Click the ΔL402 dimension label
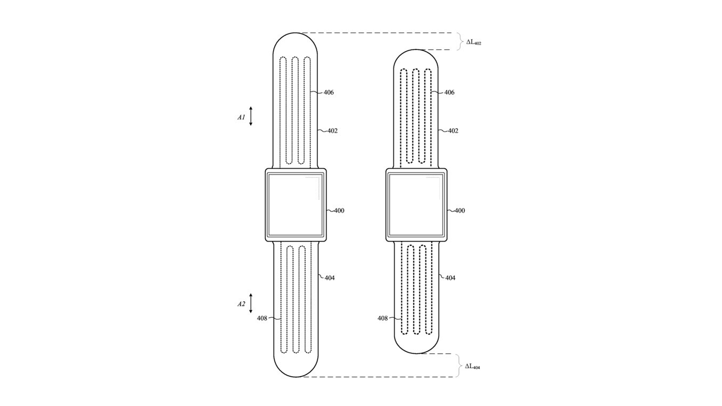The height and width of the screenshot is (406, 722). [473, 42]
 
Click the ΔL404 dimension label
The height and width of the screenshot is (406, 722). [472, 367]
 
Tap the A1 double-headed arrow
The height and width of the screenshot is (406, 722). [251, 116]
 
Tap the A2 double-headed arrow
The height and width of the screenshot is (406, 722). [251, 303]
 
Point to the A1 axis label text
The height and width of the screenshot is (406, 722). [241, 117]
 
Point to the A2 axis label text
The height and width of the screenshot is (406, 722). [241, 304]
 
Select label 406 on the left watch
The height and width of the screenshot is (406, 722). [329, 93]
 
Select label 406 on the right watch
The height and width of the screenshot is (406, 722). [449, 93]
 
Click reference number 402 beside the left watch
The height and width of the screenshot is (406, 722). [332, 131]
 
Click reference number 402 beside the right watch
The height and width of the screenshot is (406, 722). [453, 131]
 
